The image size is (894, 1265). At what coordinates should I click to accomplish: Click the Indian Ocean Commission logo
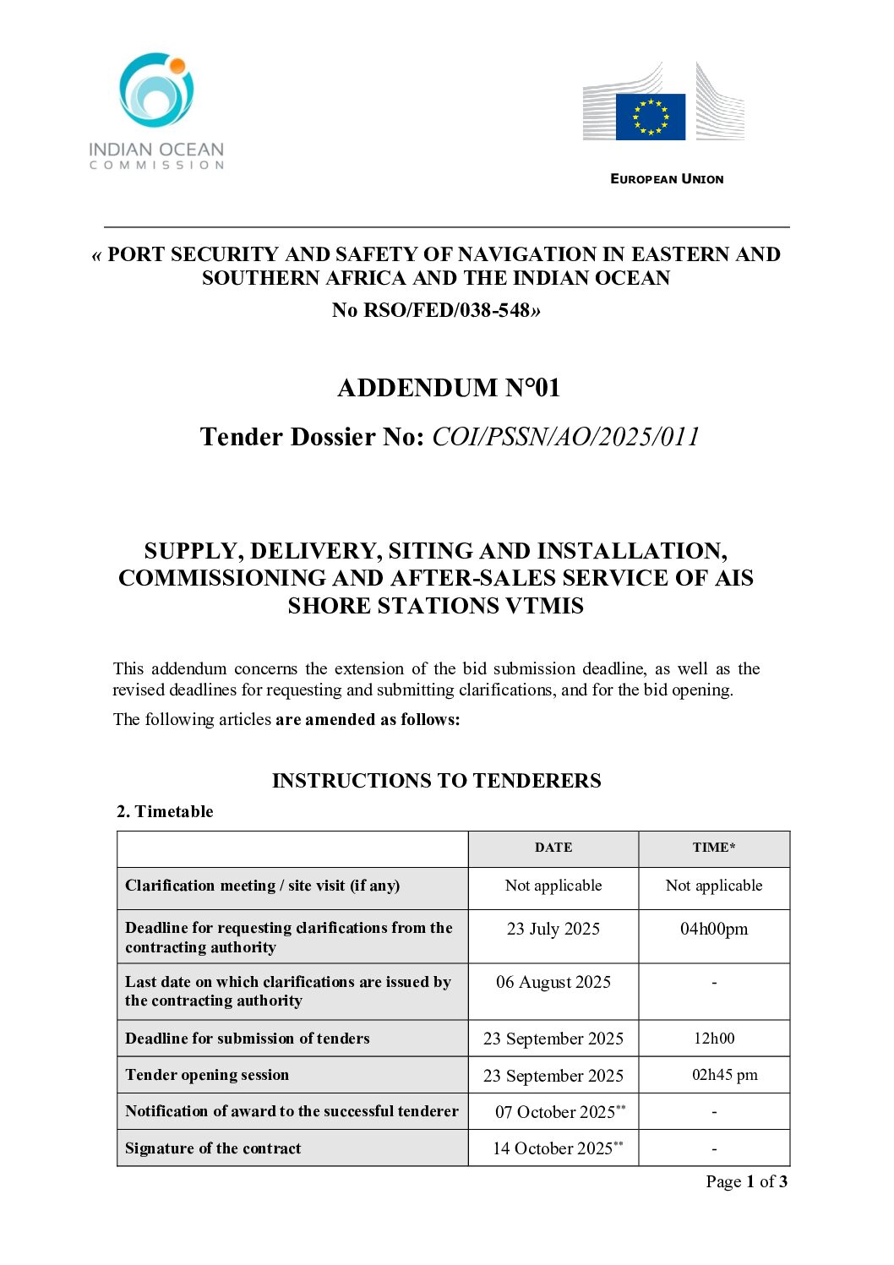pos(156,110)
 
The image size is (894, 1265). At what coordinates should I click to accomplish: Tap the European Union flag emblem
pos(650,117)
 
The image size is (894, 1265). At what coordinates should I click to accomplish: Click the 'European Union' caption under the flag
pos(667,179)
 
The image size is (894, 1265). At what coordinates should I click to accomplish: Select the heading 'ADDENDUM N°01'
pos(449,388)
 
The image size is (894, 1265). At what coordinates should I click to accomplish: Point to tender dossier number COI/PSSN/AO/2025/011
pos(565,437)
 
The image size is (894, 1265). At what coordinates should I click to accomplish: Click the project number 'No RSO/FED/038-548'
pos(436,310)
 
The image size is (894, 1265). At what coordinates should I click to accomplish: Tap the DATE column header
pos(553,848)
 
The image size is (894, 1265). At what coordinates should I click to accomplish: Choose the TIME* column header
pos(714,848)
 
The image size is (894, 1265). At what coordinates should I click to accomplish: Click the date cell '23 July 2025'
pos(553,929)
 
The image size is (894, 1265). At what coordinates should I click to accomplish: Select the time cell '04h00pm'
pos(714,929)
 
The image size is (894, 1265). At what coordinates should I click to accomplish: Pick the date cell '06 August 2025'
pos(553,982)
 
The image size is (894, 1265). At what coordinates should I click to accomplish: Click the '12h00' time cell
pos(714,1038)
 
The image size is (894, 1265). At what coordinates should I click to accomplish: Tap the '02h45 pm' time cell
pos(724,1075)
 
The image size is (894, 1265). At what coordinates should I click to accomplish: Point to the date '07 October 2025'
pos(555,1112)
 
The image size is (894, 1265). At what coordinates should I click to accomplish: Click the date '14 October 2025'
pos(553,1148)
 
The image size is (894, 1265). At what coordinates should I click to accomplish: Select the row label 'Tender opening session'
pos(207,1075)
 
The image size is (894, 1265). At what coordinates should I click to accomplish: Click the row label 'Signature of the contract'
pos(213,1148)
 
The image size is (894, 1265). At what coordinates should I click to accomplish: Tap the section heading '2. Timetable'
pos(165,811)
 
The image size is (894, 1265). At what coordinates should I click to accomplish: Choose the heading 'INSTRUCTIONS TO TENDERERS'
pos(436,781)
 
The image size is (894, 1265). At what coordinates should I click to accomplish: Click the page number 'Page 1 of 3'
pos(746,1181)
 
